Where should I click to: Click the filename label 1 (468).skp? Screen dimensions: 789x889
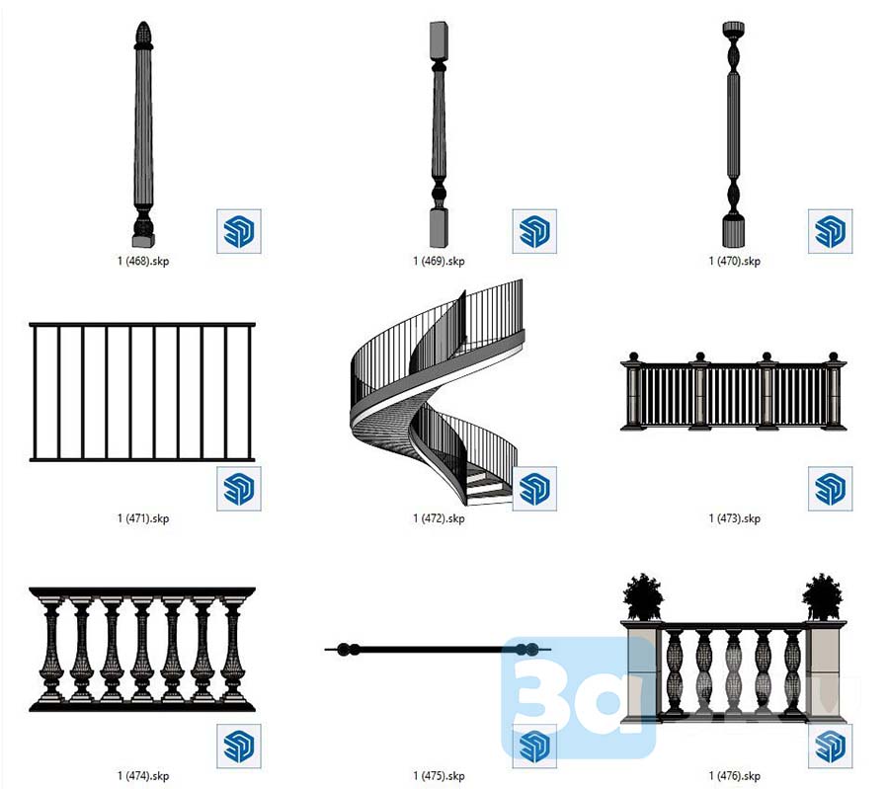[143, 262]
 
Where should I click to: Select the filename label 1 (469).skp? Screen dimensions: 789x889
[439, 262]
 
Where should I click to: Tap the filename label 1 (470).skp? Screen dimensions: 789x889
[734, 262]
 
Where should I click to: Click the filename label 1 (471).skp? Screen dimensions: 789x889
[143, 518]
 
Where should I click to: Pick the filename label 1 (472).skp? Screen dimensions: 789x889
[439, 518]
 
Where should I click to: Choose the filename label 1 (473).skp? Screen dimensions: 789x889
[734, 518]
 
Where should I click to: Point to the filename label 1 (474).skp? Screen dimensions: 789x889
[143, 775]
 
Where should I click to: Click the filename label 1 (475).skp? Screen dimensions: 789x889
[439, 775]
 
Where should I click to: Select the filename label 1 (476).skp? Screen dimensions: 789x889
[734, 775]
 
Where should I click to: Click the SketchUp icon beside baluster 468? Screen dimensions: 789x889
[238, 231]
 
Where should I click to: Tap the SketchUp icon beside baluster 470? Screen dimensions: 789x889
[830, 231]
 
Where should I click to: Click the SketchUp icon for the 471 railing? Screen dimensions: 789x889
[238, 488]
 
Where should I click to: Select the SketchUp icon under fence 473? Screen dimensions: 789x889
[830, 488]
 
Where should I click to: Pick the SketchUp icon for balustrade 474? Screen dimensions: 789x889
[238, 746]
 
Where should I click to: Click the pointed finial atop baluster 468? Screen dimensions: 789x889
[143, 33]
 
